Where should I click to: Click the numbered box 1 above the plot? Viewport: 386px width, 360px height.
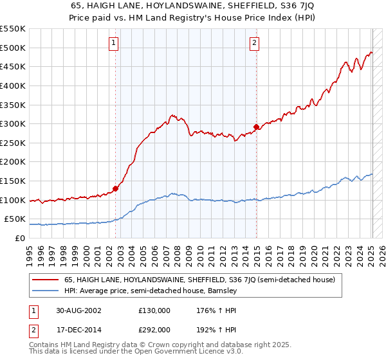(113, 43)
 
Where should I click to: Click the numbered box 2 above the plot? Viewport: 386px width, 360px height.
(254, 43)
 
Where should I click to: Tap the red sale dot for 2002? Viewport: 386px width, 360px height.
(116, 188)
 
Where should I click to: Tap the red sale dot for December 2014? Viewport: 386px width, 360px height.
(257, 127)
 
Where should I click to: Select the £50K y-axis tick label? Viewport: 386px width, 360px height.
(15, 219)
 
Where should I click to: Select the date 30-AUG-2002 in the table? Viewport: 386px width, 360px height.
(77, 310)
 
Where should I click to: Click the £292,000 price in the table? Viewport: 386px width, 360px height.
(154, 329)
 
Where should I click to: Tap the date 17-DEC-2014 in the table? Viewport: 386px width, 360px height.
(77, 329)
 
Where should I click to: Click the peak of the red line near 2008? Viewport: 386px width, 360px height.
(172, 115)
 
